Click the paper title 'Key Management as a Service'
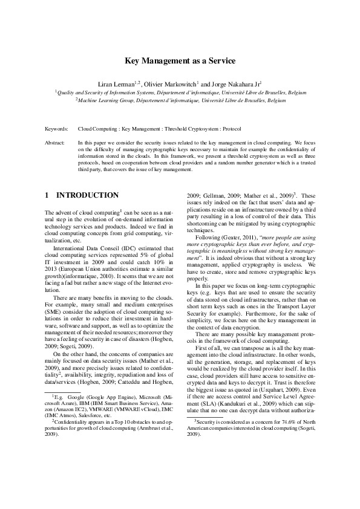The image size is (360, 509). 180,61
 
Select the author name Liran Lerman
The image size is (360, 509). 117,84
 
